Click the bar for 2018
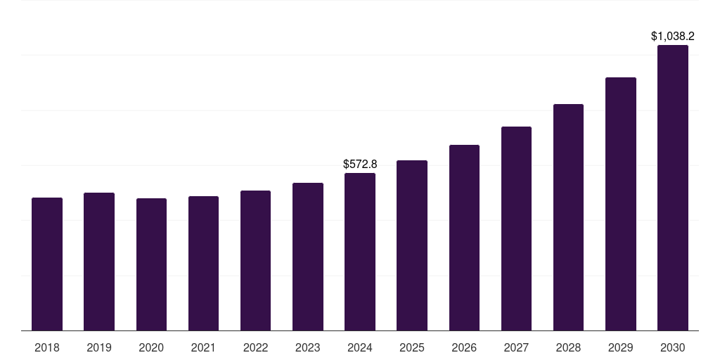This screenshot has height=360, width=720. click(x=47, y=264)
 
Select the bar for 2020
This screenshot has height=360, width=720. click(x=151, y=264)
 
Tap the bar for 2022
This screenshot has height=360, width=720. click(x=255, y=260)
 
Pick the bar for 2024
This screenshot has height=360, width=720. click(x=360, y=252)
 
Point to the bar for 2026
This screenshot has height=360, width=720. click(x=464, y=238)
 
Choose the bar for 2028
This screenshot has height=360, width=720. click(x=568, y=217)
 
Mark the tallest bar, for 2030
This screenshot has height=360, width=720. click(x=673, y=188)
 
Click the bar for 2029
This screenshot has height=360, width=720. click(x=621, y=204)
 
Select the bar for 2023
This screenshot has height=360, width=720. click(x=308, y=257)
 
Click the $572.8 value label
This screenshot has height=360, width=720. click(x=360, y=164)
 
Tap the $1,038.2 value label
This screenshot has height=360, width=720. click(x=673, y=36)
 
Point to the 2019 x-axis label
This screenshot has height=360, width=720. click(x=99, y=347)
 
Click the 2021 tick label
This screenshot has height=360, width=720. click(x=203, y=347)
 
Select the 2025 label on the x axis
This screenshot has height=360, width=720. click(x=412, y=347)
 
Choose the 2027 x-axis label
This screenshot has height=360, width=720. click(x=516, y=347)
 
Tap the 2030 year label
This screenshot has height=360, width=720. click(x=673, y=347)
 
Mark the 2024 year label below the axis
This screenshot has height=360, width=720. click(x=360, y=347)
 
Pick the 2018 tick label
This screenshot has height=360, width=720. click(x=47, y=347)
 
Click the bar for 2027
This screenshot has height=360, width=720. click(x=516, y=229)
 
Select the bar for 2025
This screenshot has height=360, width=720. click(x=412, y=245)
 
